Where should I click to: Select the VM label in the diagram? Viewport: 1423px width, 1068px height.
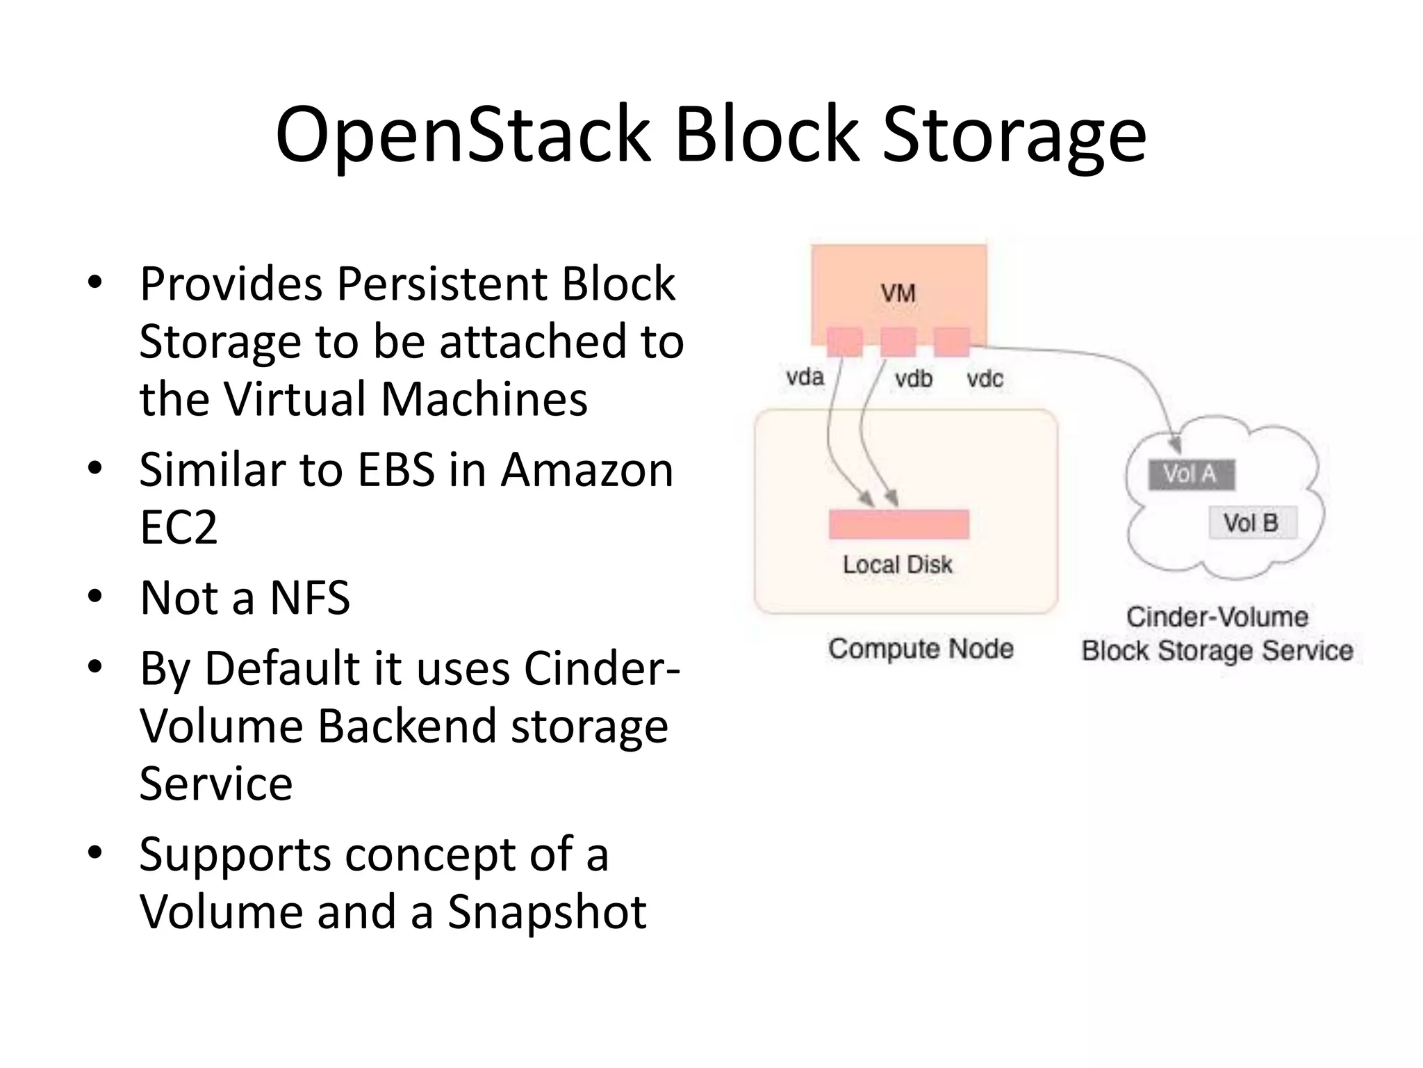(898, 293)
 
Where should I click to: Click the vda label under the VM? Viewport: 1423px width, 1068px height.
(805, 378)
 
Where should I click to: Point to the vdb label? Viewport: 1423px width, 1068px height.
(913, 379)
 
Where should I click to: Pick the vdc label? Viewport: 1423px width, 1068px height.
(985, 379)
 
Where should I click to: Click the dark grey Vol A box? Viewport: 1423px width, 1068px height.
(1191, 474)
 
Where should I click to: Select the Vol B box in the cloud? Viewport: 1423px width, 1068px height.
(1251, 523)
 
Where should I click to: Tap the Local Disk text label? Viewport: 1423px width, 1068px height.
(897, 565)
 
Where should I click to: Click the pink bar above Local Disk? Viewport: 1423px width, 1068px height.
(898, 524)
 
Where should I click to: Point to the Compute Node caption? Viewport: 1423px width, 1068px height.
(921, 649)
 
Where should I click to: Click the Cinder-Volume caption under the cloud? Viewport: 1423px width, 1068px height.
(1217, 617)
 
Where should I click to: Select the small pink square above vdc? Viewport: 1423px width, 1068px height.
(951, 342)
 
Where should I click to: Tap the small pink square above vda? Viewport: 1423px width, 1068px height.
(844, 342)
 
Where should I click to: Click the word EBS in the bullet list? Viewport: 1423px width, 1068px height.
(396, 470)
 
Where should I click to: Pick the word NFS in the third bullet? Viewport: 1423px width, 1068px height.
(310, 598)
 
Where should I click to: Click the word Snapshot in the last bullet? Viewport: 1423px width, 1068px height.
(547, 912)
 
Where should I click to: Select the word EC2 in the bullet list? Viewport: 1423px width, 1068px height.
(179, 527)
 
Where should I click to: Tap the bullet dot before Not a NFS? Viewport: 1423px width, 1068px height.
(95, 597)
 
